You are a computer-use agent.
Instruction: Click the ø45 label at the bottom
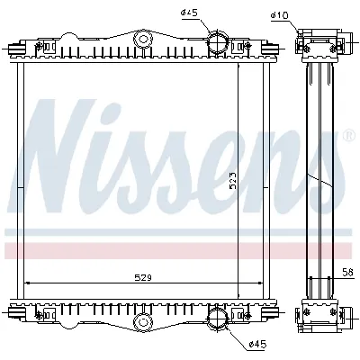233,344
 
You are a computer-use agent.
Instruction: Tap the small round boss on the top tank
141,40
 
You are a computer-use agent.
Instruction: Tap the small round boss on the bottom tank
141,320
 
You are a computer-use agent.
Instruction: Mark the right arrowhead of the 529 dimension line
239,283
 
